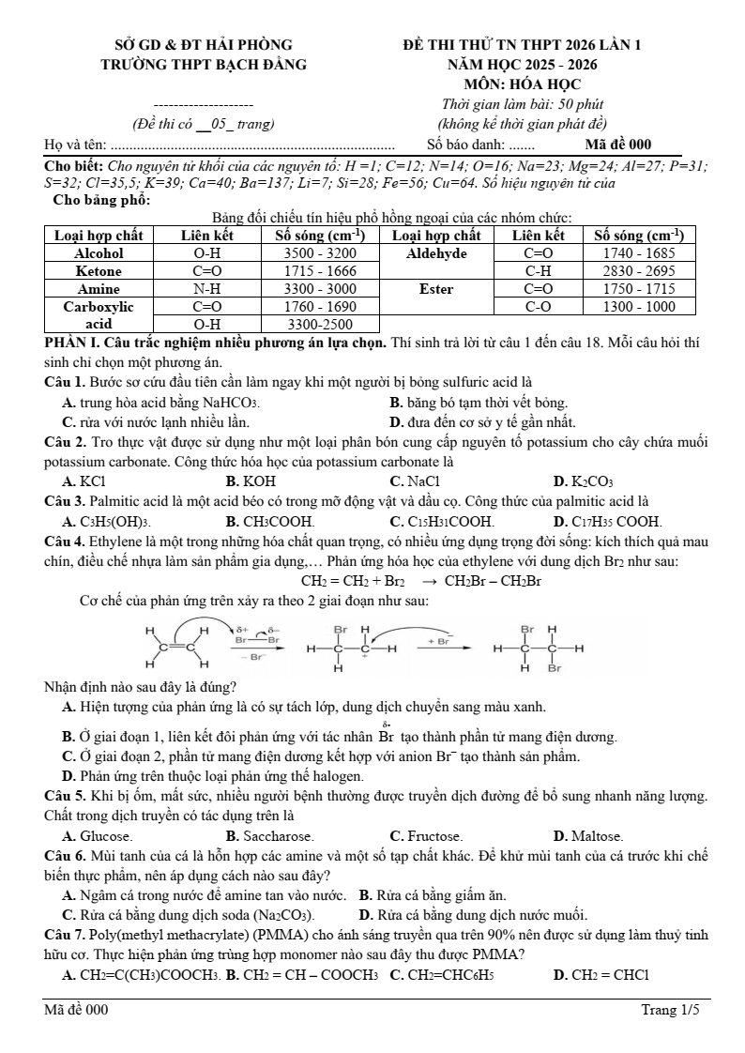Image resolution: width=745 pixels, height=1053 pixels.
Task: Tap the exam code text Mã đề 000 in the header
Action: pos(617,145)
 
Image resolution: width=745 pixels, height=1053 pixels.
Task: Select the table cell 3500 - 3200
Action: pos(320,253)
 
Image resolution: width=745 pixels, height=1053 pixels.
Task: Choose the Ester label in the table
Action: pos(436,289)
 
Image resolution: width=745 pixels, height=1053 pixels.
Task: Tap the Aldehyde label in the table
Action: pos(436,253)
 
